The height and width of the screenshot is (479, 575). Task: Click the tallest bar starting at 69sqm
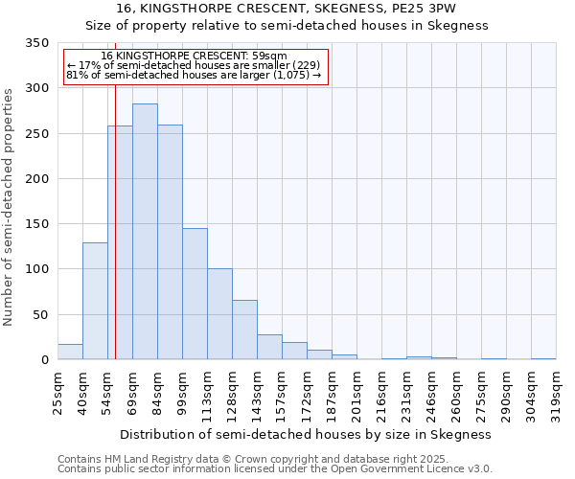pyautogui.click(x=145, y=232)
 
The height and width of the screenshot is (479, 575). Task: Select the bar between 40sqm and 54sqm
pyautogui.click(x=95, y=301)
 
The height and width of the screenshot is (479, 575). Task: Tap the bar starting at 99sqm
pyautogui.click(x=195, y=294)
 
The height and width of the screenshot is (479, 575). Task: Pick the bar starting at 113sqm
pyautogui.click(x=219, y=314)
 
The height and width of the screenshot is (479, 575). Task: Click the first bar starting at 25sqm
pyautogui.click(x=70, y=352)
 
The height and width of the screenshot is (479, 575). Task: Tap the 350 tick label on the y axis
pyautogui.click(x=35, y=43)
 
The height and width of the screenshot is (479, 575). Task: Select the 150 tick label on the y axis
pyautogui.click(x=35, y=224)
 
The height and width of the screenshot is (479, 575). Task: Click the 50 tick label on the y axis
pyautogui.click(x=39, y=315)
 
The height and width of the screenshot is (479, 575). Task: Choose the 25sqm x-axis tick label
pyautogui.click(x=57, y=390)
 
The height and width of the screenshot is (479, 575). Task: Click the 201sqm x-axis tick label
pyautogui.click(x=356, y=390)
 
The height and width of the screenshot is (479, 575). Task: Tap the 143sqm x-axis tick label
pyautogui.click(x=257, y=390)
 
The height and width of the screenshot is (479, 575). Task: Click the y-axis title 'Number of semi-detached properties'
pyautogui.click(x=9, y=206)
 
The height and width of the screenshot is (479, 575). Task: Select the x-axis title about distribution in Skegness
pyautogui.click(x=306, y=434)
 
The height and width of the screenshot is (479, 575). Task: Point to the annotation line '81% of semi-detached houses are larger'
pyautogui.click(x=194, y=75)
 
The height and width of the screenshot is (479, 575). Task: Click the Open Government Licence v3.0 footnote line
pyautogui.click(x=275, y=469)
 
